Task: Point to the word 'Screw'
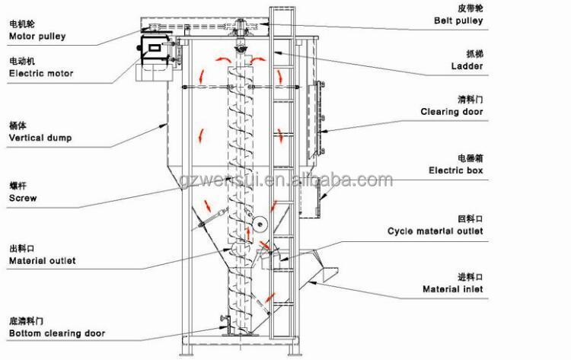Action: (23, 198)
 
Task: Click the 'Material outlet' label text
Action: (42, 260)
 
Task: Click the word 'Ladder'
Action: (467, 66)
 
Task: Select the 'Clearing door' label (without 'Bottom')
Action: (451, 112)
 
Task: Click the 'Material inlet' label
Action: (452, 289)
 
